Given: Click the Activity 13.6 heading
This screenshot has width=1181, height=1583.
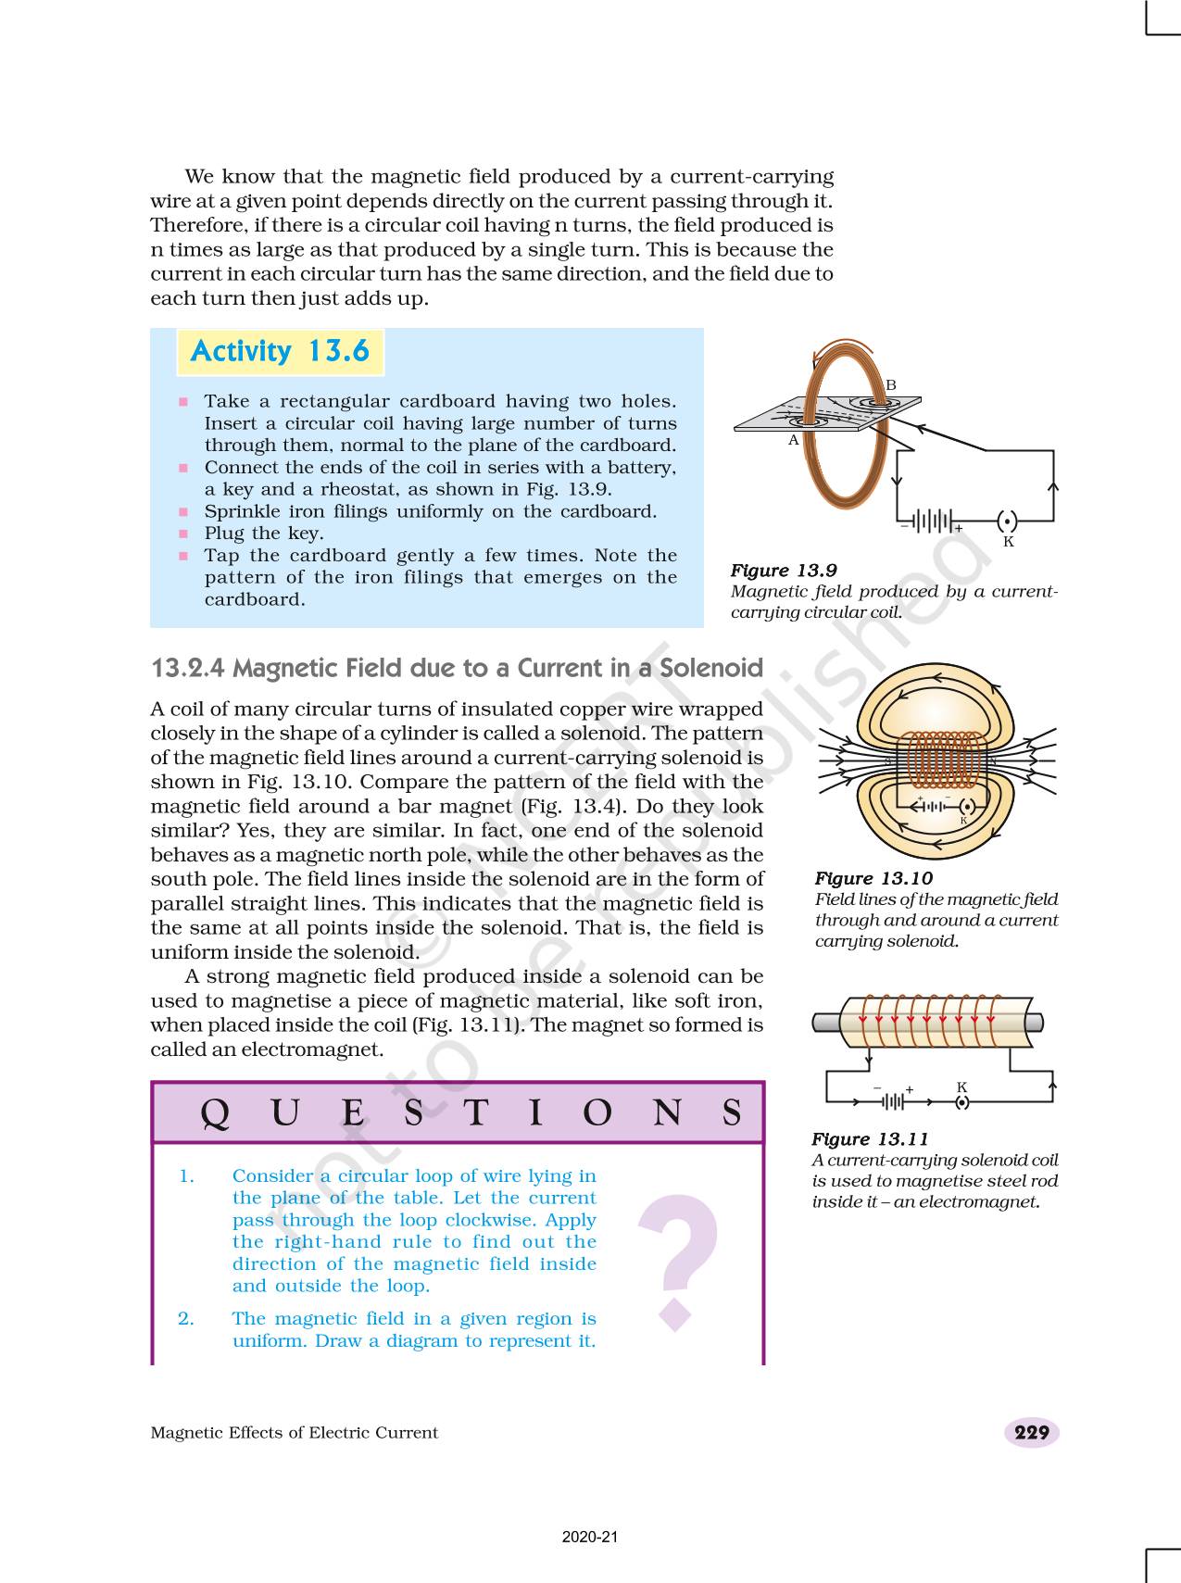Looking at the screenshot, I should (280, 352).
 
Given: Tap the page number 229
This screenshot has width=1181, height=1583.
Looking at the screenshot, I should (1031, 1433).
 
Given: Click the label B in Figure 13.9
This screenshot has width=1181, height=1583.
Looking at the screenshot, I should (891, 385).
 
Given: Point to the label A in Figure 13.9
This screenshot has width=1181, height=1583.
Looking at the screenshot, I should (793, 441).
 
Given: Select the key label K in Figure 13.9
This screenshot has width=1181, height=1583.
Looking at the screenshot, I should (1009, 542).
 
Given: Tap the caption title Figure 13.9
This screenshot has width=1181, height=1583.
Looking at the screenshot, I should (784, 571).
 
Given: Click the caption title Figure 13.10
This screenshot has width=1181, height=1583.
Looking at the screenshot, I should (873, 878).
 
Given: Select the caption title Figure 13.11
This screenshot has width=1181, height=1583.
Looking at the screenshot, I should (870, 1139).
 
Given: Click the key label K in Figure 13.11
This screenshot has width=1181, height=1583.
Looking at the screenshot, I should (961, 1087).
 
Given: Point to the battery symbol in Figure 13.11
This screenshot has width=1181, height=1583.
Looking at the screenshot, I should (893, 1101).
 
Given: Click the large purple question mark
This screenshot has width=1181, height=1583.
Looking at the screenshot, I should (678, 1260).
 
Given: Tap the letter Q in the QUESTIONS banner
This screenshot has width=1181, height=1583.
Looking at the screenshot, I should (214, 1113).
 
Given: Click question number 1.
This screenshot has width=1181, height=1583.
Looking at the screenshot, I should (186, 1176).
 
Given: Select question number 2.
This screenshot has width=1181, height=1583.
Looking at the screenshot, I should (186, 1319).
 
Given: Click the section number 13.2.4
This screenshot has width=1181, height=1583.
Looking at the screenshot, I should (187, 669).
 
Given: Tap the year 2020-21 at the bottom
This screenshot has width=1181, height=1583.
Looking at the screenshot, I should (590, 1538).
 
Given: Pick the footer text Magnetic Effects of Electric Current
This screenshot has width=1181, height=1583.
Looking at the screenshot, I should (294, 1433).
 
